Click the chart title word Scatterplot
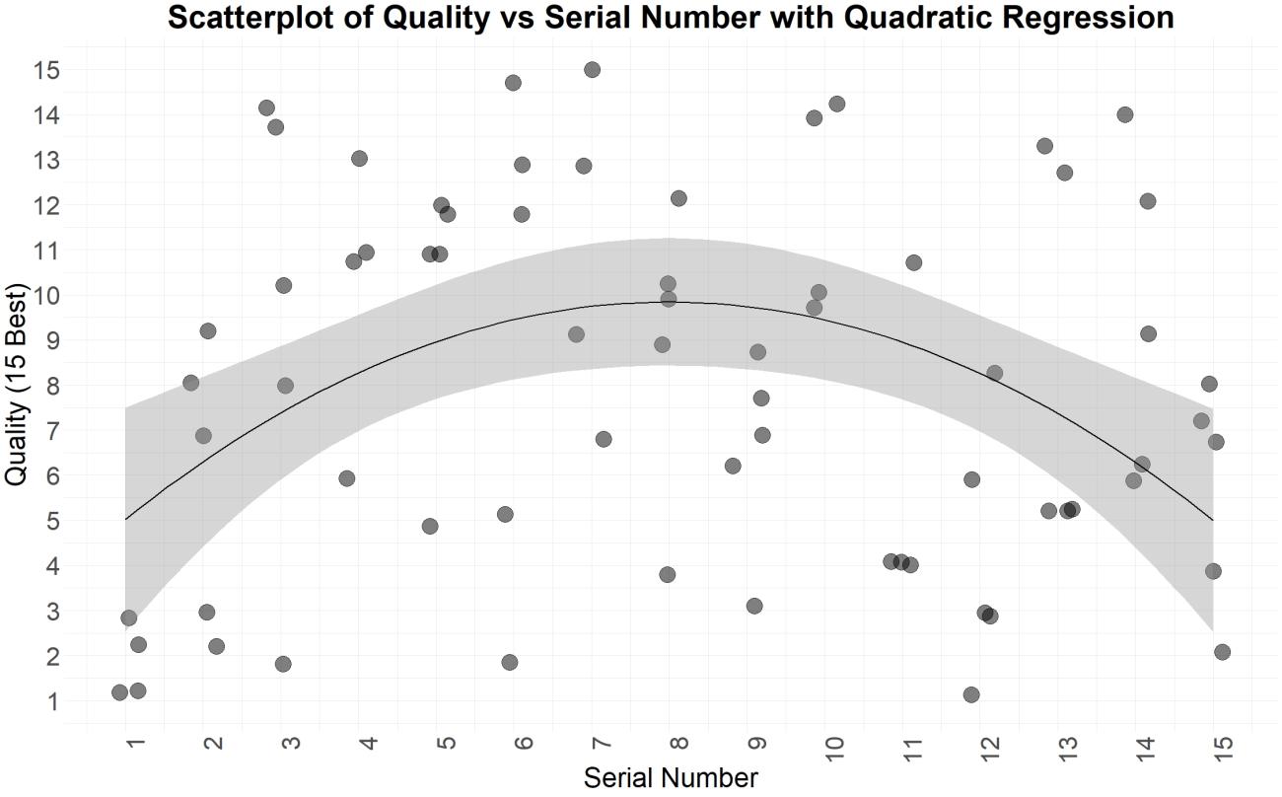pyautogui.click(x=258, y=17)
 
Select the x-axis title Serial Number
pyautogui.click(x=671, y=778)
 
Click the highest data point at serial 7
pyautogui.click(x=592, y=70)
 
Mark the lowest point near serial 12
pyautogui.click(x=971, y=694)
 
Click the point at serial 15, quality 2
pyautogui.click(x=1222, y=652)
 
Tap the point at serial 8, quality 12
pyautogui.click(x=678, y=198)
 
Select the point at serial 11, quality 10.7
pyautogui.click(x=913, y=262)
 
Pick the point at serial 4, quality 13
pyautogui.click(x=359, y=159)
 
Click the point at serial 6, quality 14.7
pyautogui.click(x=513, y=83)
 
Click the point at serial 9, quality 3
pyautogui.click(x=754, y=606)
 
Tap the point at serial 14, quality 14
pyautogui.click(x=1124, y=114)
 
